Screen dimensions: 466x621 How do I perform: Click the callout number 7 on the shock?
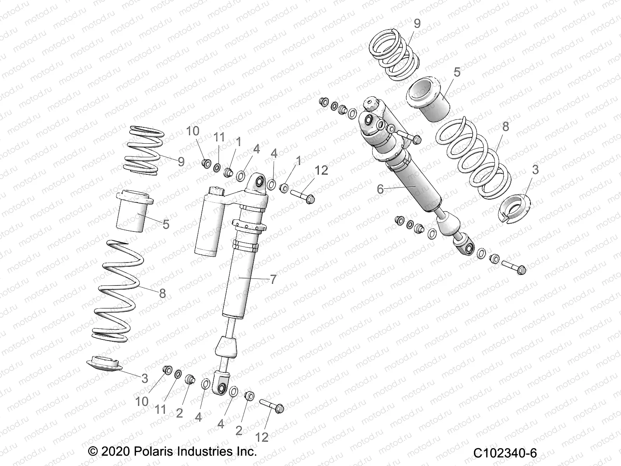[273, 279]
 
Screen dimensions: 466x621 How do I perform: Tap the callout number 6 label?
[380, 189]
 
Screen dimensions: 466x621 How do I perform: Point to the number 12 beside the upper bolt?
[321, 170]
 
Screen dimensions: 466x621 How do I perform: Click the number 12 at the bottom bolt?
[262, 437]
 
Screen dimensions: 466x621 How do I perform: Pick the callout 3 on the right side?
[535, 170]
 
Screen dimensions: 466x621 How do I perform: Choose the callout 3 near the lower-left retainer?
[145, 378]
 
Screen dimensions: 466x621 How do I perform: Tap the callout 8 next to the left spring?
[162, 293]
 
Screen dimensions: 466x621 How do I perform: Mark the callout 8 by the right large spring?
[505, 127]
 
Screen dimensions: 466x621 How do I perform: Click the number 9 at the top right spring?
[417, 24]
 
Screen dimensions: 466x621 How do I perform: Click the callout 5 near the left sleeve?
[166, 224]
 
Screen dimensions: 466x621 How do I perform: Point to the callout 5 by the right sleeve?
[457, 73]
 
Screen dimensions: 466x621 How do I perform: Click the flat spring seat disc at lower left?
[104, 364]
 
